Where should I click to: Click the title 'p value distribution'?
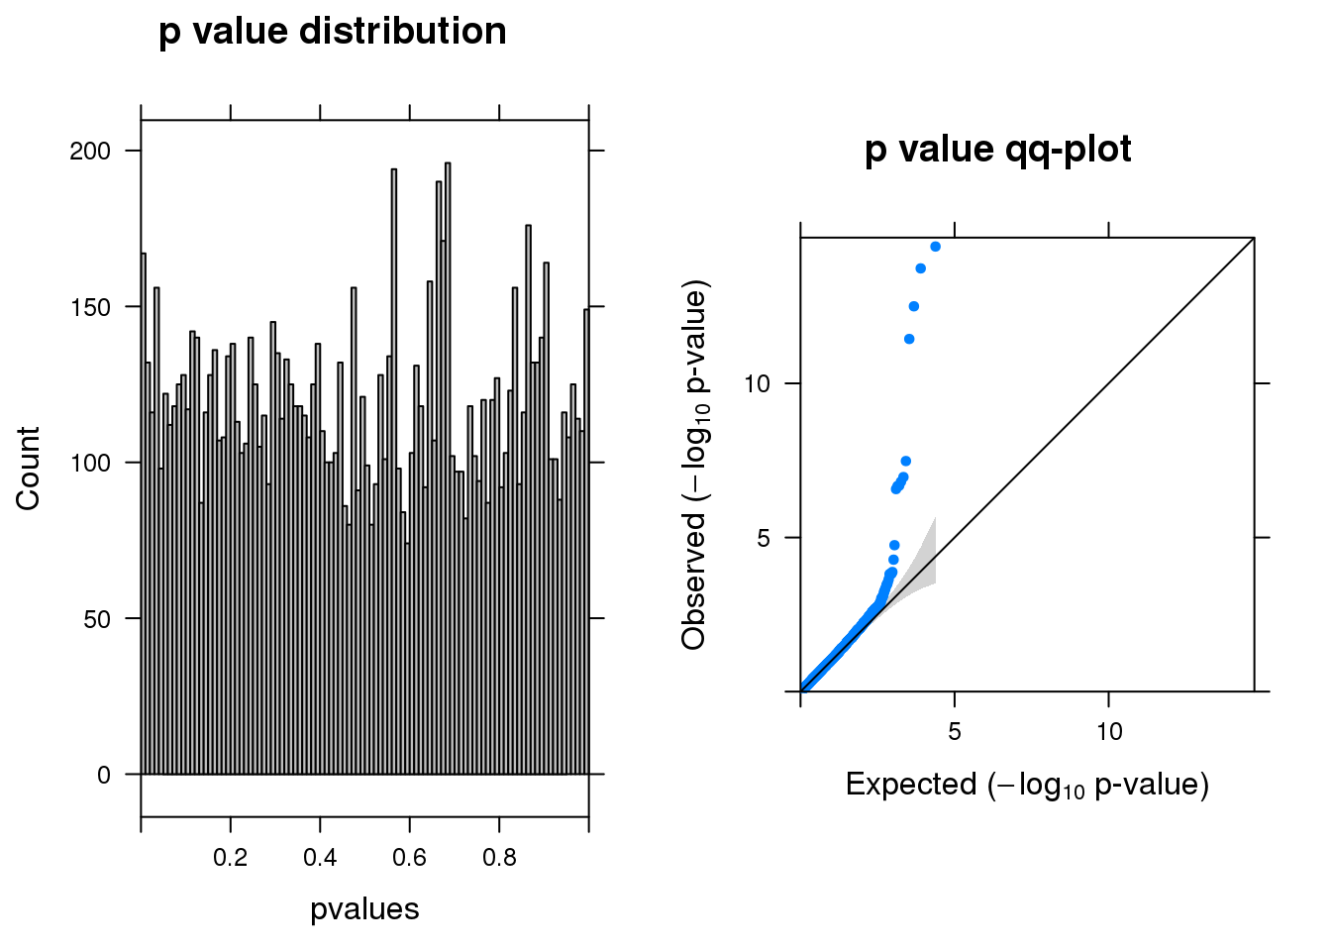(333, 32)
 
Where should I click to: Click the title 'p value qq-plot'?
(997, 150)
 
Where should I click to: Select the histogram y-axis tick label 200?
(90, 152)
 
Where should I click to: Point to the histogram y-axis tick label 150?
(90, 307)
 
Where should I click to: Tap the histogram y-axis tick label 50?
(97, 619)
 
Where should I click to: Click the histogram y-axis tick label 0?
(104, 776)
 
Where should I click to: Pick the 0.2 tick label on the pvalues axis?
(231, 857)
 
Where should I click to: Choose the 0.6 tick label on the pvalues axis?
(410, 857)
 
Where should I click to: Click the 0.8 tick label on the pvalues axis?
(499, 857)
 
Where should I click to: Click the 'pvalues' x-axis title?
(364, 909)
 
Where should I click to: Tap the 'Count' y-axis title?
(28, 469)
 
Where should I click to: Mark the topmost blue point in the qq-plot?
(935, 247)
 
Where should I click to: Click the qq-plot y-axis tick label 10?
(757, 383)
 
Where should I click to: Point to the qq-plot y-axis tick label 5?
(764, 539)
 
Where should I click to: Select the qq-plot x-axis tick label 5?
(954, 732)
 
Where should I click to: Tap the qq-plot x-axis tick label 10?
(1109, 732)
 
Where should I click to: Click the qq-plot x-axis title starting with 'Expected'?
(1027, 786)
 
